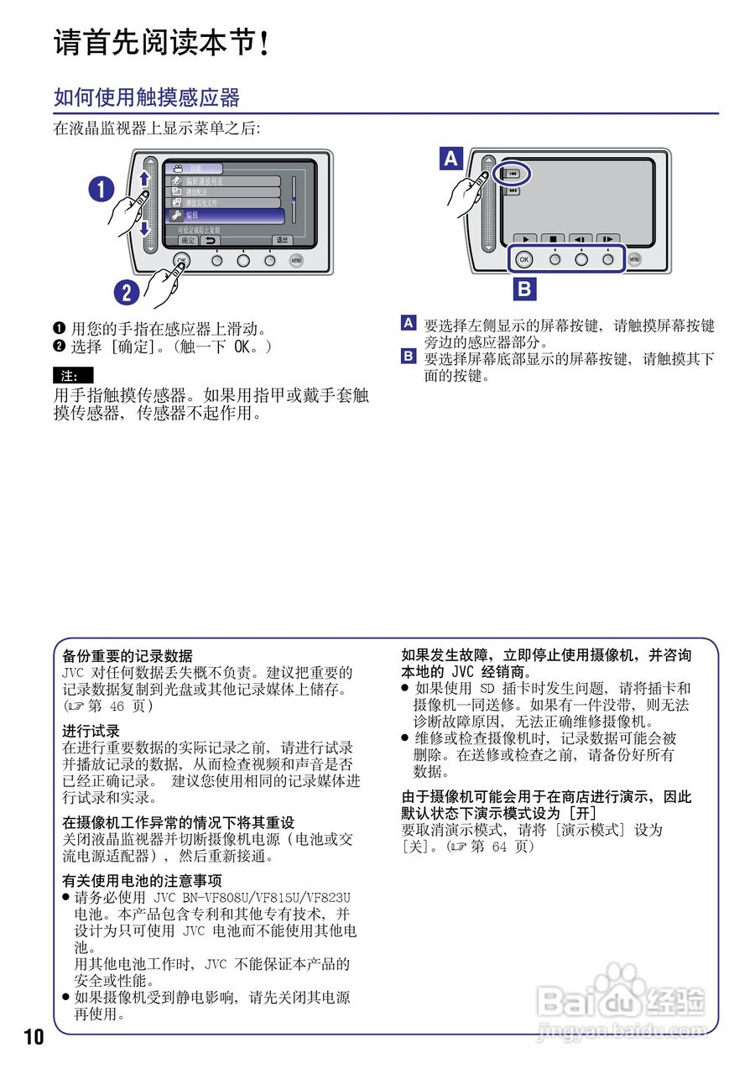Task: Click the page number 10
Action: pyautogui.click(x=34, y=1036)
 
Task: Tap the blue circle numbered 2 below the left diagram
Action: pyautogui.click(x=127, y=292)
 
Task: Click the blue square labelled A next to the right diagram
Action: pyautogui.click(x=451, y=158)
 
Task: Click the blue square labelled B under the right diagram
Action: pyautogui.click(x=524, y=289)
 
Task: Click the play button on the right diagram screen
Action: pyautogui.click(x=526, y=239)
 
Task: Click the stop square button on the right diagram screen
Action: pyautogui.click(x=554, y=239)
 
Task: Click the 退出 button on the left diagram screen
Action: pyautogui.click(x=283, y=240)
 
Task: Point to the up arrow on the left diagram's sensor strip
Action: pyautogui.click(x=144, y=179)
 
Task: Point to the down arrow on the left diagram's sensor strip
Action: pyautogui.click(x=144, y=227)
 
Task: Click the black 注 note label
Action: pyautogui.click(x=73, y=376)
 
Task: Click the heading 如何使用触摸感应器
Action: pyautogui.click(x=147, y=97)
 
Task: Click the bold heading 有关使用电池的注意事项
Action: pyautogui.click(x=143, y=880)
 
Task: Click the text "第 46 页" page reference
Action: pyautogui.click(x=116, y=706)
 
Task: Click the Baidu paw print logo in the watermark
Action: pyautogui.click(x=622, y=978)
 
